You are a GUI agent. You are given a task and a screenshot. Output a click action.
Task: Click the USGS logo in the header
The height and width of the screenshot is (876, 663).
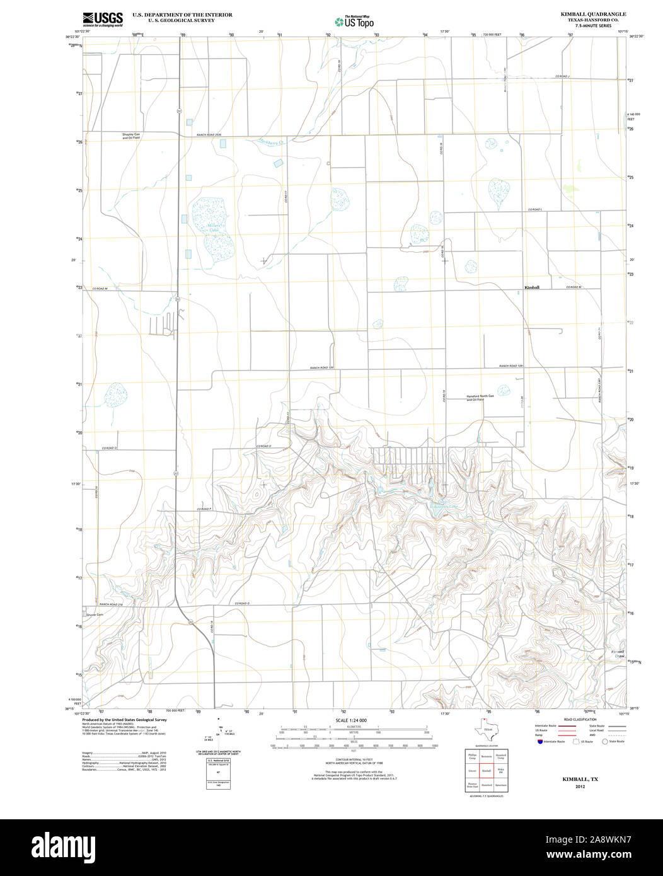coord(102,18)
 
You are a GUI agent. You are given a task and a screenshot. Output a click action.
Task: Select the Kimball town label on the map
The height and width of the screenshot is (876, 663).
coord(532,287)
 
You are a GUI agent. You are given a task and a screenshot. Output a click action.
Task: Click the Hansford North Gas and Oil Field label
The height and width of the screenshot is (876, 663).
coord(480,398)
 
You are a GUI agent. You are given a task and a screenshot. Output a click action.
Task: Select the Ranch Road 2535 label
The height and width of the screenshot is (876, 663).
coord(209,135)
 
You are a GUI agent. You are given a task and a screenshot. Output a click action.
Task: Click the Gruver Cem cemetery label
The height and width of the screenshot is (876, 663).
coord(95,614)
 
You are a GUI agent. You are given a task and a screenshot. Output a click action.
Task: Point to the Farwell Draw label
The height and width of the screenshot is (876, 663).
coord(617,654)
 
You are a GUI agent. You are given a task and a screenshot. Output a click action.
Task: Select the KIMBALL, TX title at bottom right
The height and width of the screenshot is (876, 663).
coord(580,780)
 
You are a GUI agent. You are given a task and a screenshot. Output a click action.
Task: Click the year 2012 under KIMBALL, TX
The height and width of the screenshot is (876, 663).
coord(580,787)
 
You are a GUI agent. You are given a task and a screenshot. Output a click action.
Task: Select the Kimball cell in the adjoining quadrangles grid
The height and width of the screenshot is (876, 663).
coord(486,771)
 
